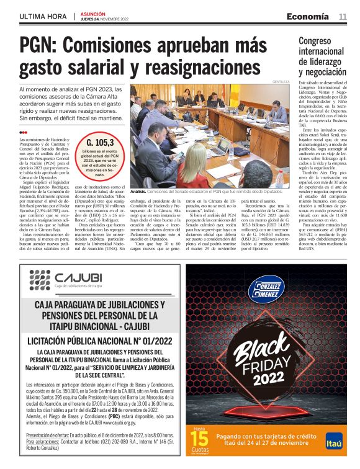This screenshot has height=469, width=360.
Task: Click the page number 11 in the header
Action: [x=343, y=16]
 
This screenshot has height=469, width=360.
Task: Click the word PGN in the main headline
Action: [x=44, y=47]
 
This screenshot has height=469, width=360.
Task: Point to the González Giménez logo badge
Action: [x=270, y=292]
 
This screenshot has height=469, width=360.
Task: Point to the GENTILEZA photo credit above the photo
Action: [x=281, y=81]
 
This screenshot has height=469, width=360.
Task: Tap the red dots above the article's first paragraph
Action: [x=23, y=132]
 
